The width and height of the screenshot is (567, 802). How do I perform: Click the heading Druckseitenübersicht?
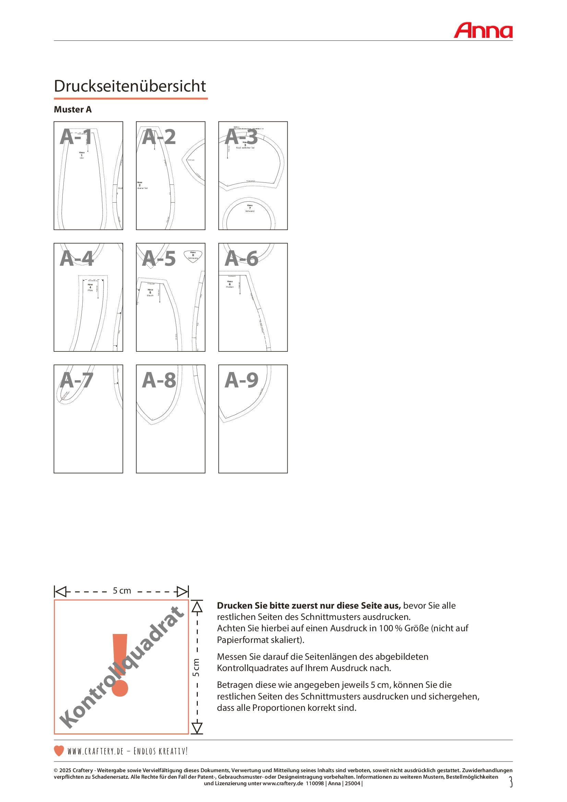(x=130, y=86)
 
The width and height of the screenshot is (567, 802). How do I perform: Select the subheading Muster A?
(x=73, y=110)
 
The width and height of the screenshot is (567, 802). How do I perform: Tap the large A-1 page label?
(x=76, y=136)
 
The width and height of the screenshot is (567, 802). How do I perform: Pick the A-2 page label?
(x=158, y=136)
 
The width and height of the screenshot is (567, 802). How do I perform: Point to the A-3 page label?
(x=241, y=136)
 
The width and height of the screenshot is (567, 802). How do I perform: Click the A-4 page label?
(x=76, y=259)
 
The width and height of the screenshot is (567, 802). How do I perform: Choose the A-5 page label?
(x=158, y=259)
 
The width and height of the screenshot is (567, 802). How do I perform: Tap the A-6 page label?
(x=241, y=259)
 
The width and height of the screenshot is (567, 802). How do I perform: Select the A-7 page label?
(x=76, y=380)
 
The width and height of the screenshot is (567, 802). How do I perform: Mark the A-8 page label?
(x=158, y=380)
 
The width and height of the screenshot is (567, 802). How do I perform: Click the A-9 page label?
(x=241, y=380)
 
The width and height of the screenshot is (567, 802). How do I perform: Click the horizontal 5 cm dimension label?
(x=121, y=591)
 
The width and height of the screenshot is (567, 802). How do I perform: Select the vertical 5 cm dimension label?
(x=196, y=667)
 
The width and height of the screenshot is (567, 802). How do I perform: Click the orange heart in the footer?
(x=59, y=751)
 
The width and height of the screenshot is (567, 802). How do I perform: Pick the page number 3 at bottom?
(x=510, y=782)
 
